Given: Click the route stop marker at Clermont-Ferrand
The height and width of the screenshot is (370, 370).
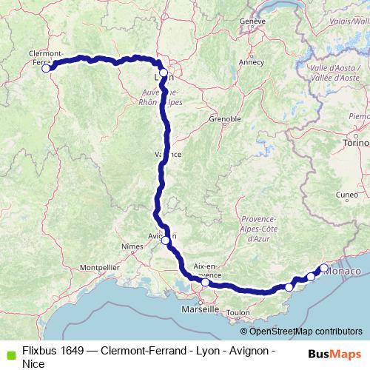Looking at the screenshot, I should click(46, 68).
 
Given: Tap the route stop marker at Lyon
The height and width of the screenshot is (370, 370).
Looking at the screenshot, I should click(164, 73).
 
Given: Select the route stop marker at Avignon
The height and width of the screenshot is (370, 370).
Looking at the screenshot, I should click(166, 240).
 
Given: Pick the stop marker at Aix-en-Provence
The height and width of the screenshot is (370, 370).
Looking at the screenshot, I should click(205, 282).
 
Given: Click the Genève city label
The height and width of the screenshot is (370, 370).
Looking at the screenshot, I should click(252, 21).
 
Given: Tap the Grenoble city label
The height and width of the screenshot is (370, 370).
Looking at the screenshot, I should click(225, 118).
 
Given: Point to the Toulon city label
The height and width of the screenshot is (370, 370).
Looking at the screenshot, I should click(238, 313).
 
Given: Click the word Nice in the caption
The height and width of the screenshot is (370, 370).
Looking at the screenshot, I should click(33, 363).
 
